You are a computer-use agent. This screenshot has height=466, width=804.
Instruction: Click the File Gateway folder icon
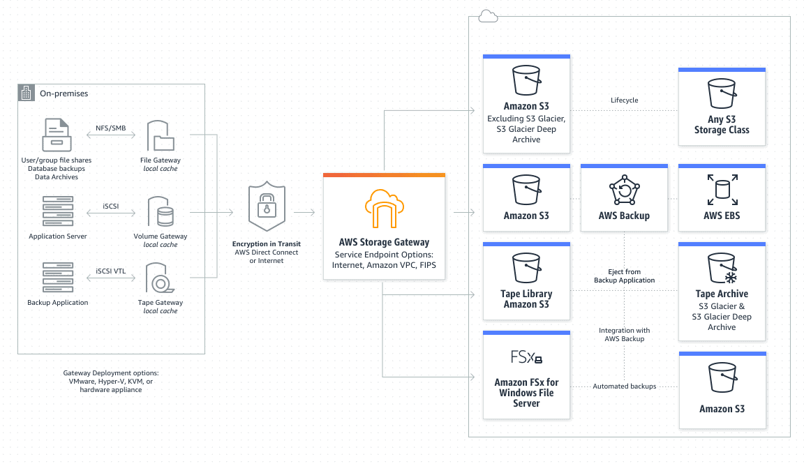pos(161,136)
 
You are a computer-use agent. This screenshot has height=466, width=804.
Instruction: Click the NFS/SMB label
pos(110,128)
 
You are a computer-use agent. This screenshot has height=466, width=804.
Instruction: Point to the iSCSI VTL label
pos(110,270)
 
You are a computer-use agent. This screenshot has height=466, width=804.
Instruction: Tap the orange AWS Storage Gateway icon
pos(384,207)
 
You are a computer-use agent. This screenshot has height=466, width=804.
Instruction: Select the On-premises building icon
pos(27,93)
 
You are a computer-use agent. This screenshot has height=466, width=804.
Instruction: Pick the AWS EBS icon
pos(722,189)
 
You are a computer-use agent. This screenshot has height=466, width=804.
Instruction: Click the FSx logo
pos(526,358)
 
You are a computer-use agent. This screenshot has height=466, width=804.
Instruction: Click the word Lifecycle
pos(624,100)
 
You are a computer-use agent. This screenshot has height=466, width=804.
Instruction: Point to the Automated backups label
pos(624,386)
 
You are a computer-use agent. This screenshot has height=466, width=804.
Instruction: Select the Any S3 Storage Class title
pos(722,125)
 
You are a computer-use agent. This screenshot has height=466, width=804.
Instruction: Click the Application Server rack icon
pos(58,211)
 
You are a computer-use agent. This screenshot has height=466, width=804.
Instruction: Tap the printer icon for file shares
pos(57,135)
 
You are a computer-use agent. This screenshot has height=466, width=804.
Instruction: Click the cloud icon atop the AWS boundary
pos(488,16)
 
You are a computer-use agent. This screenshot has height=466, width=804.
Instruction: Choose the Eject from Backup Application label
pos(624,276)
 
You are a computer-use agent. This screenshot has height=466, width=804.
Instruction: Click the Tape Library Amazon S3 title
pos(526,299)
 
